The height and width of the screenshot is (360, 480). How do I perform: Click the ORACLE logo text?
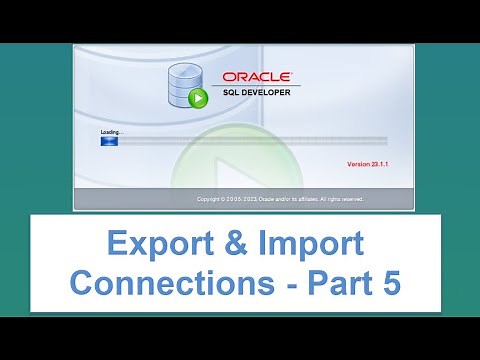[x=257, y=76]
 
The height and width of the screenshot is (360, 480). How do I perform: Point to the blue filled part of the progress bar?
[x=109, y=141]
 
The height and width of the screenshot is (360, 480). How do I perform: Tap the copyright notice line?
[x=280, y=199]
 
